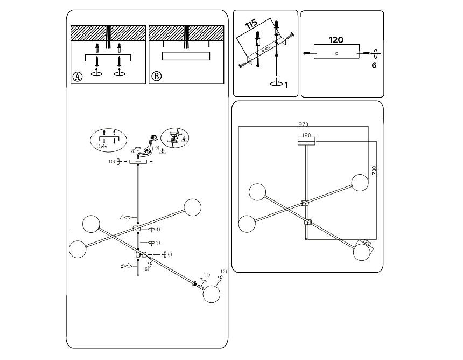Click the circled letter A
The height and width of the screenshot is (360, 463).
coord(78,77)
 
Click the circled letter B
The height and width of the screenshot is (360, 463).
coord(156,77)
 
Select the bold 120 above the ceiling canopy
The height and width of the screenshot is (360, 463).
coord(336,40)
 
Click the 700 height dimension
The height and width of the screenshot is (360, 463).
coord(374,171)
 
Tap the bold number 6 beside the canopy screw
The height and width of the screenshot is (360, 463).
coord(374,65)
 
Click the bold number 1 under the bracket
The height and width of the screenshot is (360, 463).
coord(286,85)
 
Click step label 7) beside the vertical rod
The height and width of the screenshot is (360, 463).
coord(122,217)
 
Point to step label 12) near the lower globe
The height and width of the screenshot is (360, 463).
coord(223,272)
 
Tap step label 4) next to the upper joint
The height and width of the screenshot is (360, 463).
coord(158,230)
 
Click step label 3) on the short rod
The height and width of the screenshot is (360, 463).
coord(158,243)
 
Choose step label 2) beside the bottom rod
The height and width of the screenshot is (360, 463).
coord(123,266)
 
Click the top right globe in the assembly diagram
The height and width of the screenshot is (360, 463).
coord(192,207)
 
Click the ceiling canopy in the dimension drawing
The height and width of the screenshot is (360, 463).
coord(306,141)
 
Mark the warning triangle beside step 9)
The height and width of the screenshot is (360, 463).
coord(163,152)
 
